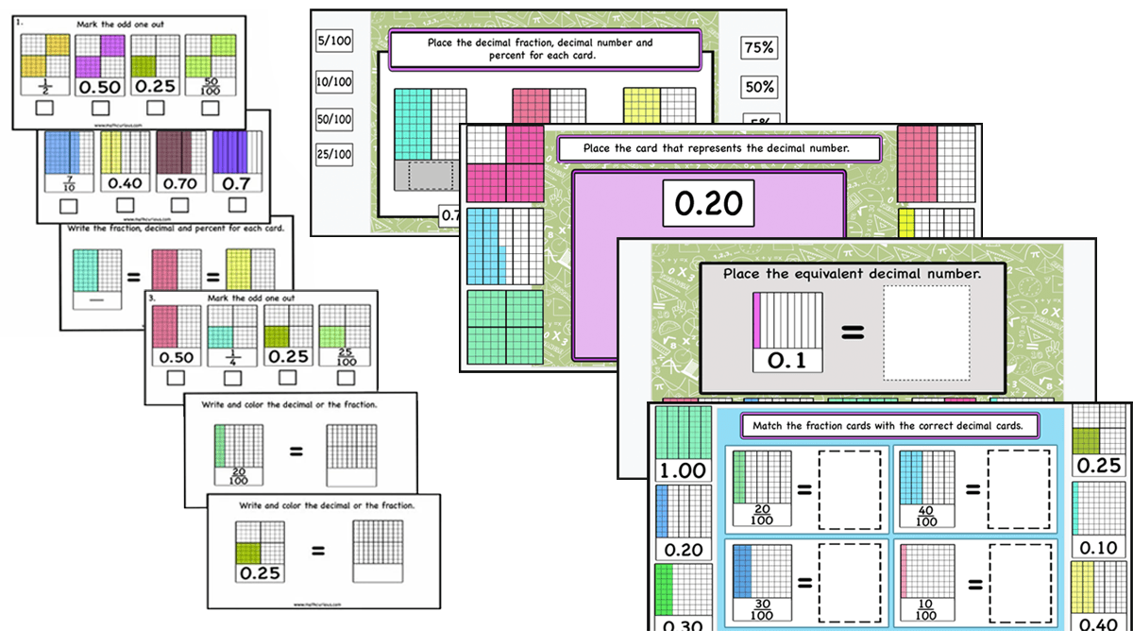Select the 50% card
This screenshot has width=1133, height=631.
click(x=759, y=87)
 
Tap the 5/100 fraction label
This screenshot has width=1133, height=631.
click(x=333, y=40)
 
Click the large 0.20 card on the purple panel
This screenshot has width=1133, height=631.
click(x=708, y=203)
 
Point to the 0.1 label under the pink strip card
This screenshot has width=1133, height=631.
click(x=787, y=360)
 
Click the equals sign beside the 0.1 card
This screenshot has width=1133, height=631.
click(x=852, y=332)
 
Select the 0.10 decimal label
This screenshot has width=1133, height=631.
click(x=1097, y=547)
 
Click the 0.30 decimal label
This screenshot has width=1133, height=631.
click(x=681, y=623)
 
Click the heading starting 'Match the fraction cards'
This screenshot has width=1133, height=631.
click(x=887, y=426)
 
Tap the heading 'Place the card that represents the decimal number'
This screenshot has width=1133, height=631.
click(x=718, y=148)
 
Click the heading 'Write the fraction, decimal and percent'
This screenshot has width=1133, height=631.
click(x=176, y=229)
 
